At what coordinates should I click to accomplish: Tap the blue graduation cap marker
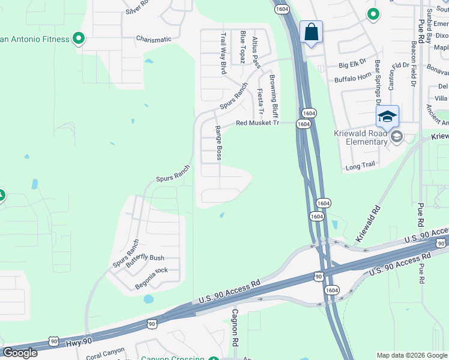(x=387, y=116)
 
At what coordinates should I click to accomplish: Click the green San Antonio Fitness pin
(x=79, y=39)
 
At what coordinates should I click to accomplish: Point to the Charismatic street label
(x=154, y=40)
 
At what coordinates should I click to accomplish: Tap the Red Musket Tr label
(x=258, y=123)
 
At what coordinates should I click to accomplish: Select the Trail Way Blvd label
(x=223, y=53)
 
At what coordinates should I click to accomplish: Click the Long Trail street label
(x=360, y=165)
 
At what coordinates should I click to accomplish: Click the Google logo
(x=20, y=353)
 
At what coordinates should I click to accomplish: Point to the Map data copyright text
(x=411, y=355)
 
